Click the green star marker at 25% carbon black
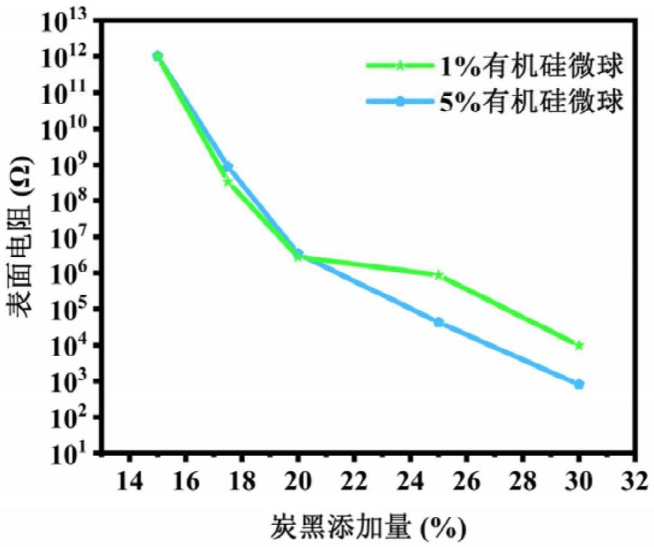[439, 275]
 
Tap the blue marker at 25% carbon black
[439, 322]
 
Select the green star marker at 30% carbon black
[579, 345]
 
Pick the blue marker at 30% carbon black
[579, 384]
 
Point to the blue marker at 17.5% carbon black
[228, 167]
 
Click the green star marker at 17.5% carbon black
[228, 182]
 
